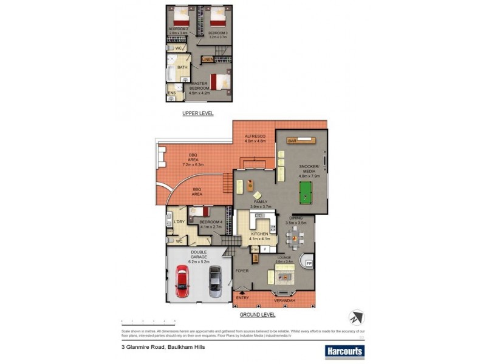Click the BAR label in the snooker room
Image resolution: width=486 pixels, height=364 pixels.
(292, 141)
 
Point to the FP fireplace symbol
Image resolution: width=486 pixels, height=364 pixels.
(309, 264)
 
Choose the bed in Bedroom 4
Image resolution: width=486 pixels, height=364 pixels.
(199, 213)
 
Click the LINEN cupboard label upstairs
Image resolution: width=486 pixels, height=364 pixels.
(207, 59)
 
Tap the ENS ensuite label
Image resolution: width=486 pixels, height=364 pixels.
(172, 93)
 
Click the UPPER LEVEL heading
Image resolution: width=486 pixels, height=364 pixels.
(198, 113)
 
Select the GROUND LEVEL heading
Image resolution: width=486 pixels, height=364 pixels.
(258, 315)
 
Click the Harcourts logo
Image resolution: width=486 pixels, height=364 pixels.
(344, 351)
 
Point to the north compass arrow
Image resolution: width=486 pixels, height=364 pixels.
(356, 317)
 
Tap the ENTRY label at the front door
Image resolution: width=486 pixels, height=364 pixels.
(242, 298)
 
